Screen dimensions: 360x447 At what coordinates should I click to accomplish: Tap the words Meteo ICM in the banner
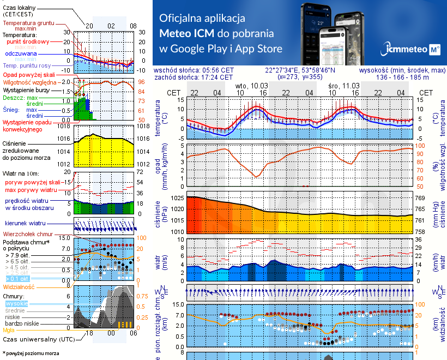tap(185, 33)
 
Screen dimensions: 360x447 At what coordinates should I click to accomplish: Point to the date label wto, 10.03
tap(251, 86)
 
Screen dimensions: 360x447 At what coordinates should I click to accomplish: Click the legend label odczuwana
tap(21, 54)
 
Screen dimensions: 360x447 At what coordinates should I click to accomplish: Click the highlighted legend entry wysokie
tap(16, 303)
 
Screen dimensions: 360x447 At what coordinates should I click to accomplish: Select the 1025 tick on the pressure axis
tap(178, 198)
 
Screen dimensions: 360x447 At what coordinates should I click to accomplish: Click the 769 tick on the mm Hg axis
tap(421, 198)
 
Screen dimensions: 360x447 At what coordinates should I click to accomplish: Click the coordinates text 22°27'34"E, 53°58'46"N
tap(300, 70)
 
